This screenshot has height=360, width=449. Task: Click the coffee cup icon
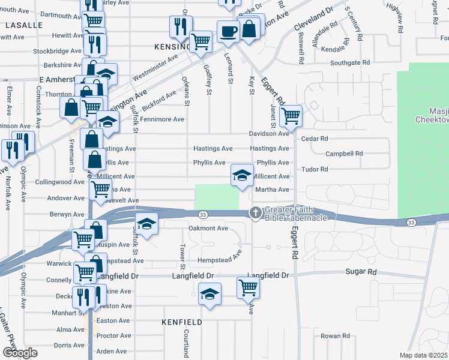point(228,31)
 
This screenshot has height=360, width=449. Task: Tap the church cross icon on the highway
point(256,212)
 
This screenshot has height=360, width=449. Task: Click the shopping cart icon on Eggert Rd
point(291,115)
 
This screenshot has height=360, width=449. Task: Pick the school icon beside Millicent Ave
point(242,175)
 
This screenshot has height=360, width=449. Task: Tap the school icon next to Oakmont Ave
point(146,224)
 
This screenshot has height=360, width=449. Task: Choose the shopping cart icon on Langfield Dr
point(248,287)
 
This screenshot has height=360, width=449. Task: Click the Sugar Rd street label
point(361,272)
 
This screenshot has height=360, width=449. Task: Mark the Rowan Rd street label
point(334,336)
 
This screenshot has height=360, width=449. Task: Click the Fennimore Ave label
point(163,119)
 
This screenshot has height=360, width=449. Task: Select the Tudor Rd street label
point(315,169)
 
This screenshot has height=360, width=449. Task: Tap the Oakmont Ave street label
point(208,228)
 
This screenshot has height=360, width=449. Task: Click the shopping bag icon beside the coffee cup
point(249,28)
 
